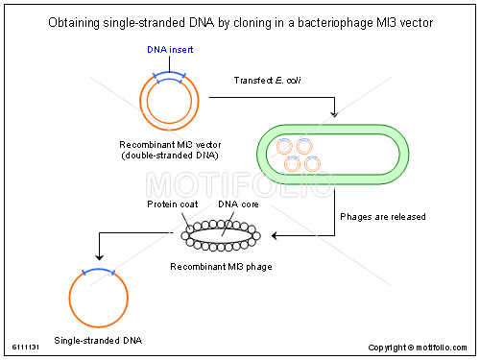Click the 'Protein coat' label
pyautogui.click(x=172, y=204)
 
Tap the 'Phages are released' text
pyautogui.click(x=383, y=216)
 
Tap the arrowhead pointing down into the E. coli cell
pyautogui.click(x=333, y=114)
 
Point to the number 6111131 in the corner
pyautogui.click(x=25, y=348)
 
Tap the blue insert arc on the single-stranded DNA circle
pyautogui.click(x=98, y=273)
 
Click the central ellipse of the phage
pyautogui.click(x=220, y=233)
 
